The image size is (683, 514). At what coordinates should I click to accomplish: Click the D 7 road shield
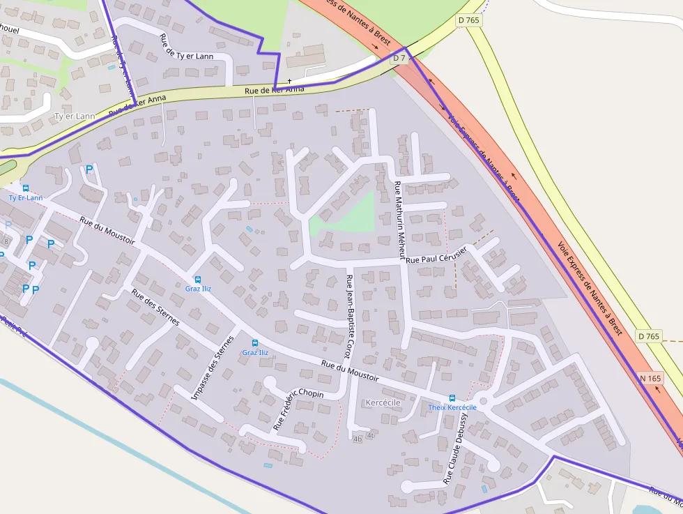tap(399, 59)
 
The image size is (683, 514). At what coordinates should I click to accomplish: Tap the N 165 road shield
tap(650, 379)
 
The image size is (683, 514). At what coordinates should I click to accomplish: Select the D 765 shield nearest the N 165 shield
tap(648, 337)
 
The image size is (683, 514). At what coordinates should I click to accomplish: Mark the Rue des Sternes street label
tap(155, 308)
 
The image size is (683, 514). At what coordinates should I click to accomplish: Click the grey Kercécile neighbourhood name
tap(383, 403)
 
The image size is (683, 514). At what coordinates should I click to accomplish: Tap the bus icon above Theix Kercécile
tap(452, 398)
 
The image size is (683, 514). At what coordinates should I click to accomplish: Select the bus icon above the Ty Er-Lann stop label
tap(26, 188)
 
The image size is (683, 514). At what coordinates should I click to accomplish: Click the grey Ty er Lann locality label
tap(74, 116)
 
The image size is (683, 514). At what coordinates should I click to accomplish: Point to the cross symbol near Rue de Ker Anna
tap(289, 81)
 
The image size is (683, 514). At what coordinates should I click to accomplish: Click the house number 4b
tap(358, 439)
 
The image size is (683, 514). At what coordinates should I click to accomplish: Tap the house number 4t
tap(371, 435)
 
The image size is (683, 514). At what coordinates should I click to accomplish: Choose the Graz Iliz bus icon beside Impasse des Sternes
tap(254, 343)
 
